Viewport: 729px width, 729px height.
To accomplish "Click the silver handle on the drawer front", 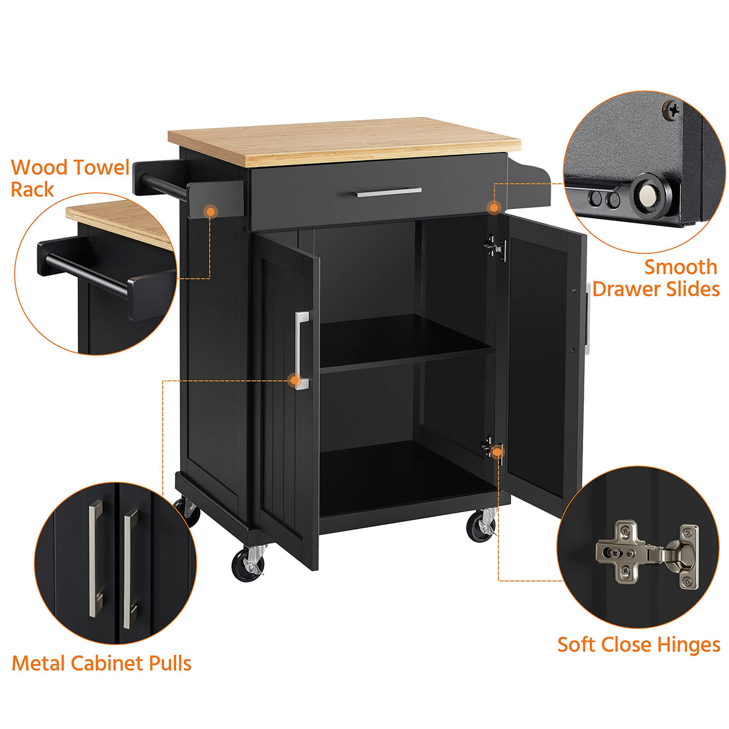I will click(389, 192).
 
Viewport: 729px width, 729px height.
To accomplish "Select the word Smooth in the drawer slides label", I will click(680, 267).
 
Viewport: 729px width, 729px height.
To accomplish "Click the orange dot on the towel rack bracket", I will click(210, 211).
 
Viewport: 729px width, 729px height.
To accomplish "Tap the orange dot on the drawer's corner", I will click(494, 208).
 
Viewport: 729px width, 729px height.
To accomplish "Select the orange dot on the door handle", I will click(294, 380).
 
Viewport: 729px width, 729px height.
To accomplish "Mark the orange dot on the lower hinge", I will click(497, 452).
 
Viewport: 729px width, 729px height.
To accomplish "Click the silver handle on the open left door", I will click(301, 350).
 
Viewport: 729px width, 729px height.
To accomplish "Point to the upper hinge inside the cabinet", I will click(495, 248).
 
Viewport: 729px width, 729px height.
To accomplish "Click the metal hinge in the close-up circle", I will click(647, 552).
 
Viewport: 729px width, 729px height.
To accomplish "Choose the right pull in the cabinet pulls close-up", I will click(129, 567).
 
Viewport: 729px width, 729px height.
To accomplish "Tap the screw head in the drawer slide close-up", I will click(673, 110).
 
